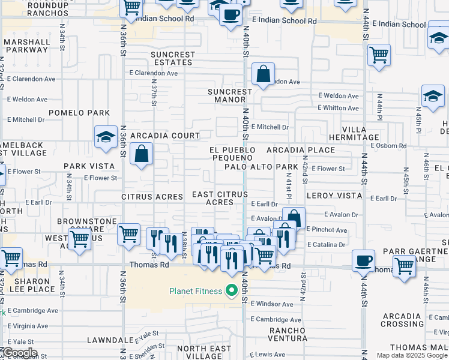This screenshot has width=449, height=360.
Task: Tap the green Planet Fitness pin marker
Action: [232, 292]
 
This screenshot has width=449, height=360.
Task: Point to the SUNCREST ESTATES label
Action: [173, 58]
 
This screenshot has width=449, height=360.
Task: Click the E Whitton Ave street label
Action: [339, 108]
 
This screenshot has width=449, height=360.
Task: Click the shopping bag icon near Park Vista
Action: [141, 154]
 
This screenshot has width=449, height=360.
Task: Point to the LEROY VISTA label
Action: [334, 196]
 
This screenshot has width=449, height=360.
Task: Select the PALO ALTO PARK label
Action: [262, 167]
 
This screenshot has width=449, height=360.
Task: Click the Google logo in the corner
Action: [19, 353]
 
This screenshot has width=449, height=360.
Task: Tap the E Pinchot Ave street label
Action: [327, 230]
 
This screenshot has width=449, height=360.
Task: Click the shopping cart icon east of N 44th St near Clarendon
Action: [379, 55]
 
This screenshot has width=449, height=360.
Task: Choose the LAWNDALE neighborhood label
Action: [109, 340]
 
